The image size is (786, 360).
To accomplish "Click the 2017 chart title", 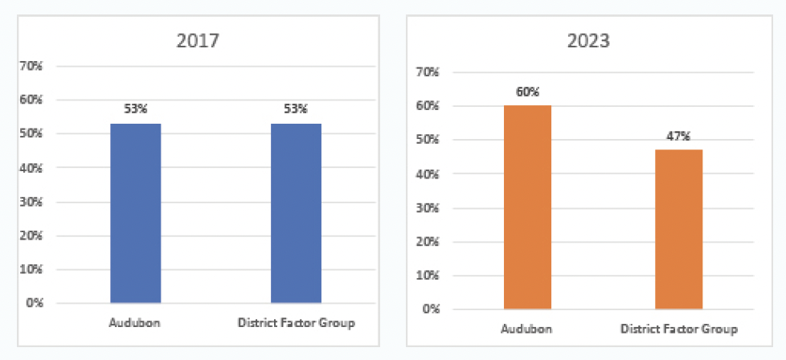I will pos(199,38).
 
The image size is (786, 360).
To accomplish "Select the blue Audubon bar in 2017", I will pos(135,213).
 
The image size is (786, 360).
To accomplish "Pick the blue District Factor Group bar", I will pos(296,213).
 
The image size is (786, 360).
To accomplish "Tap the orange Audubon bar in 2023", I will pos(527,207).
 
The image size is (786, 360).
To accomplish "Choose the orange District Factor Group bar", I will pos(679,229).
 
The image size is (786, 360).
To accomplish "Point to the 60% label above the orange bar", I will pos(527,92).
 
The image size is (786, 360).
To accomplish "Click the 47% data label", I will pos(679,136).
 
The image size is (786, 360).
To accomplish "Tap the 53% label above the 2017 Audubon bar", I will pos(135,110).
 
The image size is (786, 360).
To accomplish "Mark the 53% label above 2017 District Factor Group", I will pos(296,110).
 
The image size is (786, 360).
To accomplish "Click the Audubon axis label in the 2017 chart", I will pos(135,323).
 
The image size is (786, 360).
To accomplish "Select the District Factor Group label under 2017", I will pos(296,323).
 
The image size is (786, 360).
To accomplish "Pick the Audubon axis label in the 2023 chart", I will pos(527,329).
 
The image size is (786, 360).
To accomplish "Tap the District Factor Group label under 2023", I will pos(679,329).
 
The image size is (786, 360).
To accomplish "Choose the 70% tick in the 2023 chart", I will pos(427,72).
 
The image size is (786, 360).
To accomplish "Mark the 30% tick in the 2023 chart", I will pos(427,208).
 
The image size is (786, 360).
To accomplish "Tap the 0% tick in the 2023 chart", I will pos(430,309).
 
